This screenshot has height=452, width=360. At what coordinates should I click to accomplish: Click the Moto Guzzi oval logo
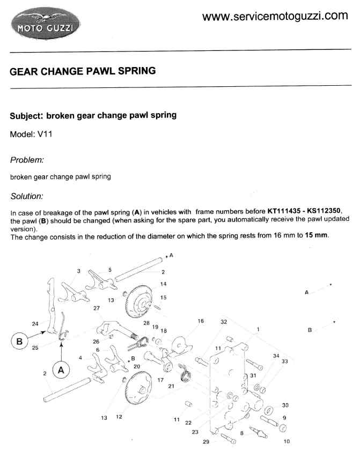(x=46, y=23)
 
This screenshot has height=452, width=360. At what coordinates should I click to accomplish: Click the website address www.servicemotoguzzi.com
(x=275, y=16)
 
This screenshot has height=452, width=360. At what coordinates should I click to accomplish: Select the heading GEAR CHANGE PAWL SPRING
(x=83, y=71)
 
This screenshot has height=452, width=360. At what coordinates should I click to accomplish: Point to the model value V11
(x=45, y=134)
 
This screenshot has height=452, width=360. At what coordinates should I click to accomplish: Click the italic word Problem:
(x=27, y=160)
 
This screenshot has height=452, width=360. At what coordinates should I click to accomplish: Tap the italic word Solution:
(x=27, y=196)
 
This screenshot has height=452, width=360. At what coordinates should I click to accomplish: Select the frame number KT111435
(x=284, y=211)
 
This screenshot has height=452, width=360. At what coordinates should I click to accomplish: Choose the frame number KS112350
(x=324, y=211)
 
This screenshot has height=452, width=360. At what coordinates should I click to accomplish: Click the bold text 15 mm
(x=316, y=235)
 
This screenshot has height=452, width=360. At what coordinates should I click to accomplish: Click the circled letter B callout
(x=19, y=342)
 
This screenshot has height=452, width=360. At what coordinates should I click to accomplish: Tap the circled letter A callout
(x=61, y=370)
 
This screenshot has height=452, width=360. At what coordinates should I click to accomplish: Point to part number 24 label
(x=35, y=324)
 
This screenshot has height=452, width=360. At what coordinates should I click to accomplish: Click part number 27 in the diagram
(x=97, y=308)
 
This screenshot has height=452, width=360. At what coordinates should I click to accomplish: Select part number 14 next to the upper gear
(x=163, y=284)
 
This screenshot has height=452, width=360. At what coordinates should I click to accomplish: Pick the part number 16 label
(x=201, y=321)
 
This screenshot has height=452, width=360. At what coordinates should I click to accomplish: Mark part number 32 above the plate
(x=224, y=322)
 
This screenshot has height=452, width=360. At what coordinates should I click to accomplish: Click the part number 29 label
(x=205, y=441)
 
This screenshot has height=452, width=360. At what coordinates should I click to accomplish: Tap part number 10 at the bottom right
(x=286, y=441)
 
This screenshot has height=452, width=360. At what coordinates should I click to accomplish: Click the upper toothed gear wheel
(x=139, y=301)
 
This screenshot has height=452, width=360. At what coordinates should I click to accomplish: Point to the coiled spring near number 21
(x=185, y=373)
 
